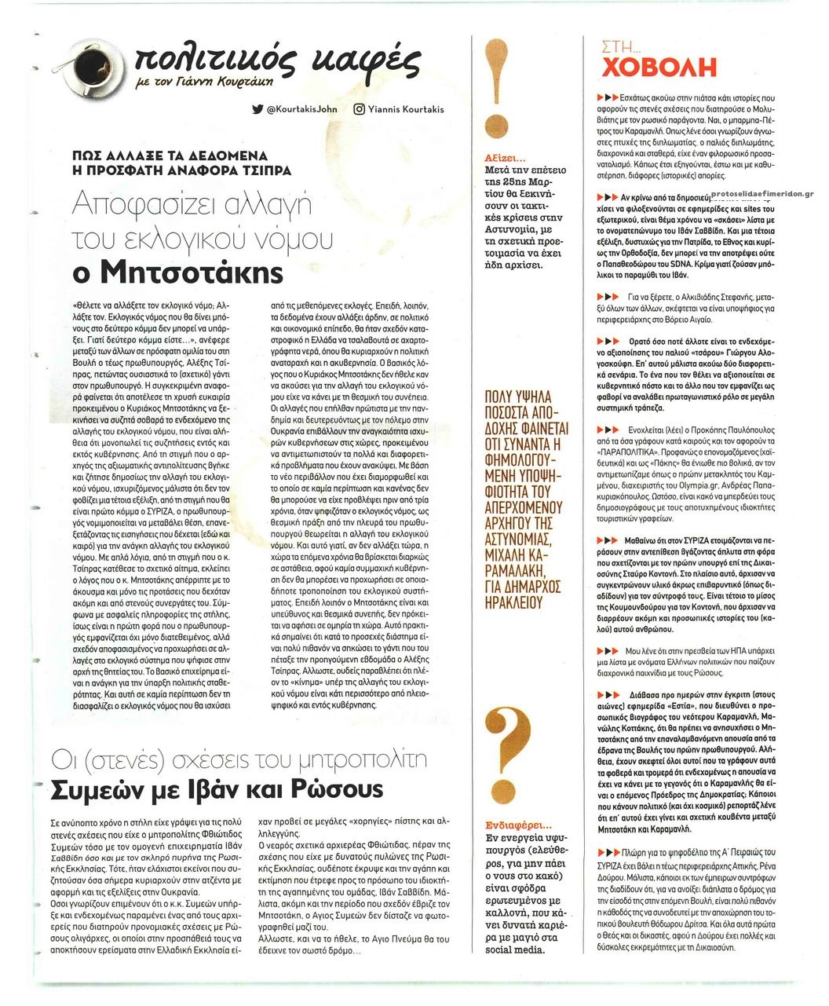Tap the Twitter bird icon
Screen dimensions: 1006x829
[257, 109]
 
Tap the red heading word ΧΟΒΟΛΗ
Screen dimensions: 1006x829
[659, 68]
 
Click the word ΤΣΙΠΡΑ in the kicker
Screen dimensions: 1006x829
[267, 170]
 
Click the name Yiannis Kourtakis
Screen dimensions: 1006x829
[409, 109]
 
